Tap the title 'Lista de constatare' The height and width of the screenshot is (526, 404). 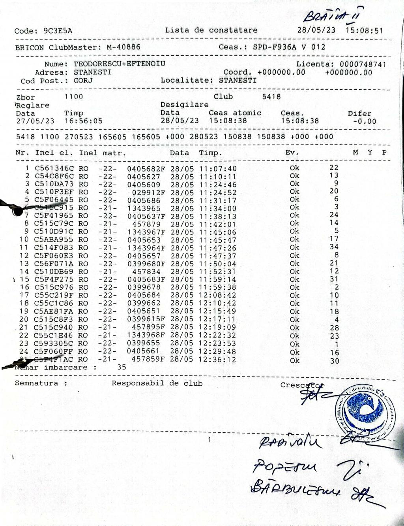pyautogui.click(x=211, y=30)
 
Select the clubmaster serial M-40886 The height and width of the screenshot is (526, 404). pyautogui.click(x=123, y=47)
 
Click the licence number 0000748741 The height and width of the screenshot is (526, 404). pyautogui.click(x=363, y=64)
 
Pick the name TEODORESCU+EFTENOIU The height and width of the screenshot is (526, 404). pyautogui.click(x=119, y=64)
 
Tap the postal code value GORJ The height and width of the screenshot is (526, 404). pyautogui.click(x=83, y=81)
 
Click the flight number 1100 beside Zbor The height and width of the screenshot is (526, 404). pyautogui.click(x=74, y=97)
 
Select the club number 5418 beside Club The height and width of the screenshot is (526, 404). pyautogui.click(x=271, y=96)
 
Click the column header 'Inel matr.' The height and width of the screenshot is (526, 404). pyautogui.click(x=103, y=153)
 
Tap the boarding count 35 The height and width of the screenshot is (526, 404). pyautogui.click(x=122, y=367)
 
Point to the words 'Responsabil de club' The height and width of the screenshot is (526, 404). pyautogui.click(x=157, y=383)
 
